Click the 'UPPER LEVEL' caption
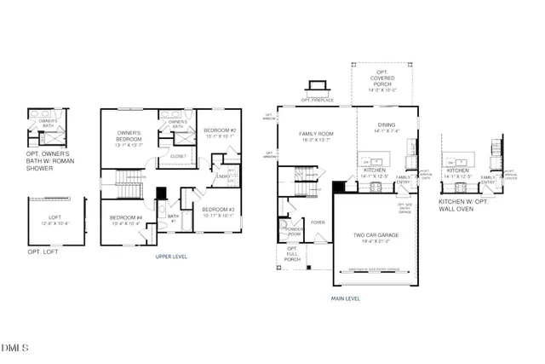(171, 256)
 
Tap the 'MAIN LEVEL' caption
(346, 298)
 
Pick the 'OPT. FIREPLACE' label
(317, 100)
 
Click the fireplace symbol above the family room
(317, 86)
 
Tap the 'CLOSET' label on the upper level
(177, 156)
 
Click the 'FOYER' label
(318, 222)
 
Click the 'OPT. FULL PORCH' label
(291, 254)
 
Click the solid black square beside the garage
(338, 187)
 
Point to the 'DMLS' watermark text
(15, 348)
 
